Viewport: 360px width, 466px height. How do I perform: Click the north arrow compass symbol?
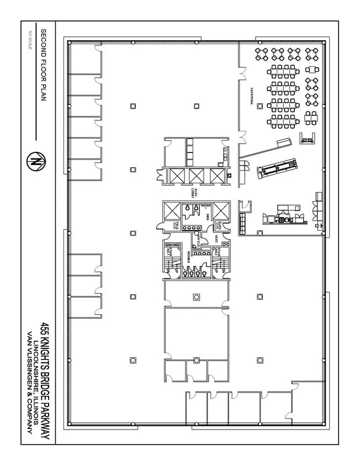point(37,163)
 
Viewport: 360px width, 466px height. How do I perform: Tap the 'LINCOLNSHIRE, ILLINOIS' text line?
point(37,381)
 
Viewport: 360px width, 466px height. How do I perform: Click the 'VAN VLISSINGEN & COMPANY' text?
point(29,381)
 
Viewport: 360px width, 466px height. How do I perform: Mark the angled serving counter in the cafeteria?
point(276,167)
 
